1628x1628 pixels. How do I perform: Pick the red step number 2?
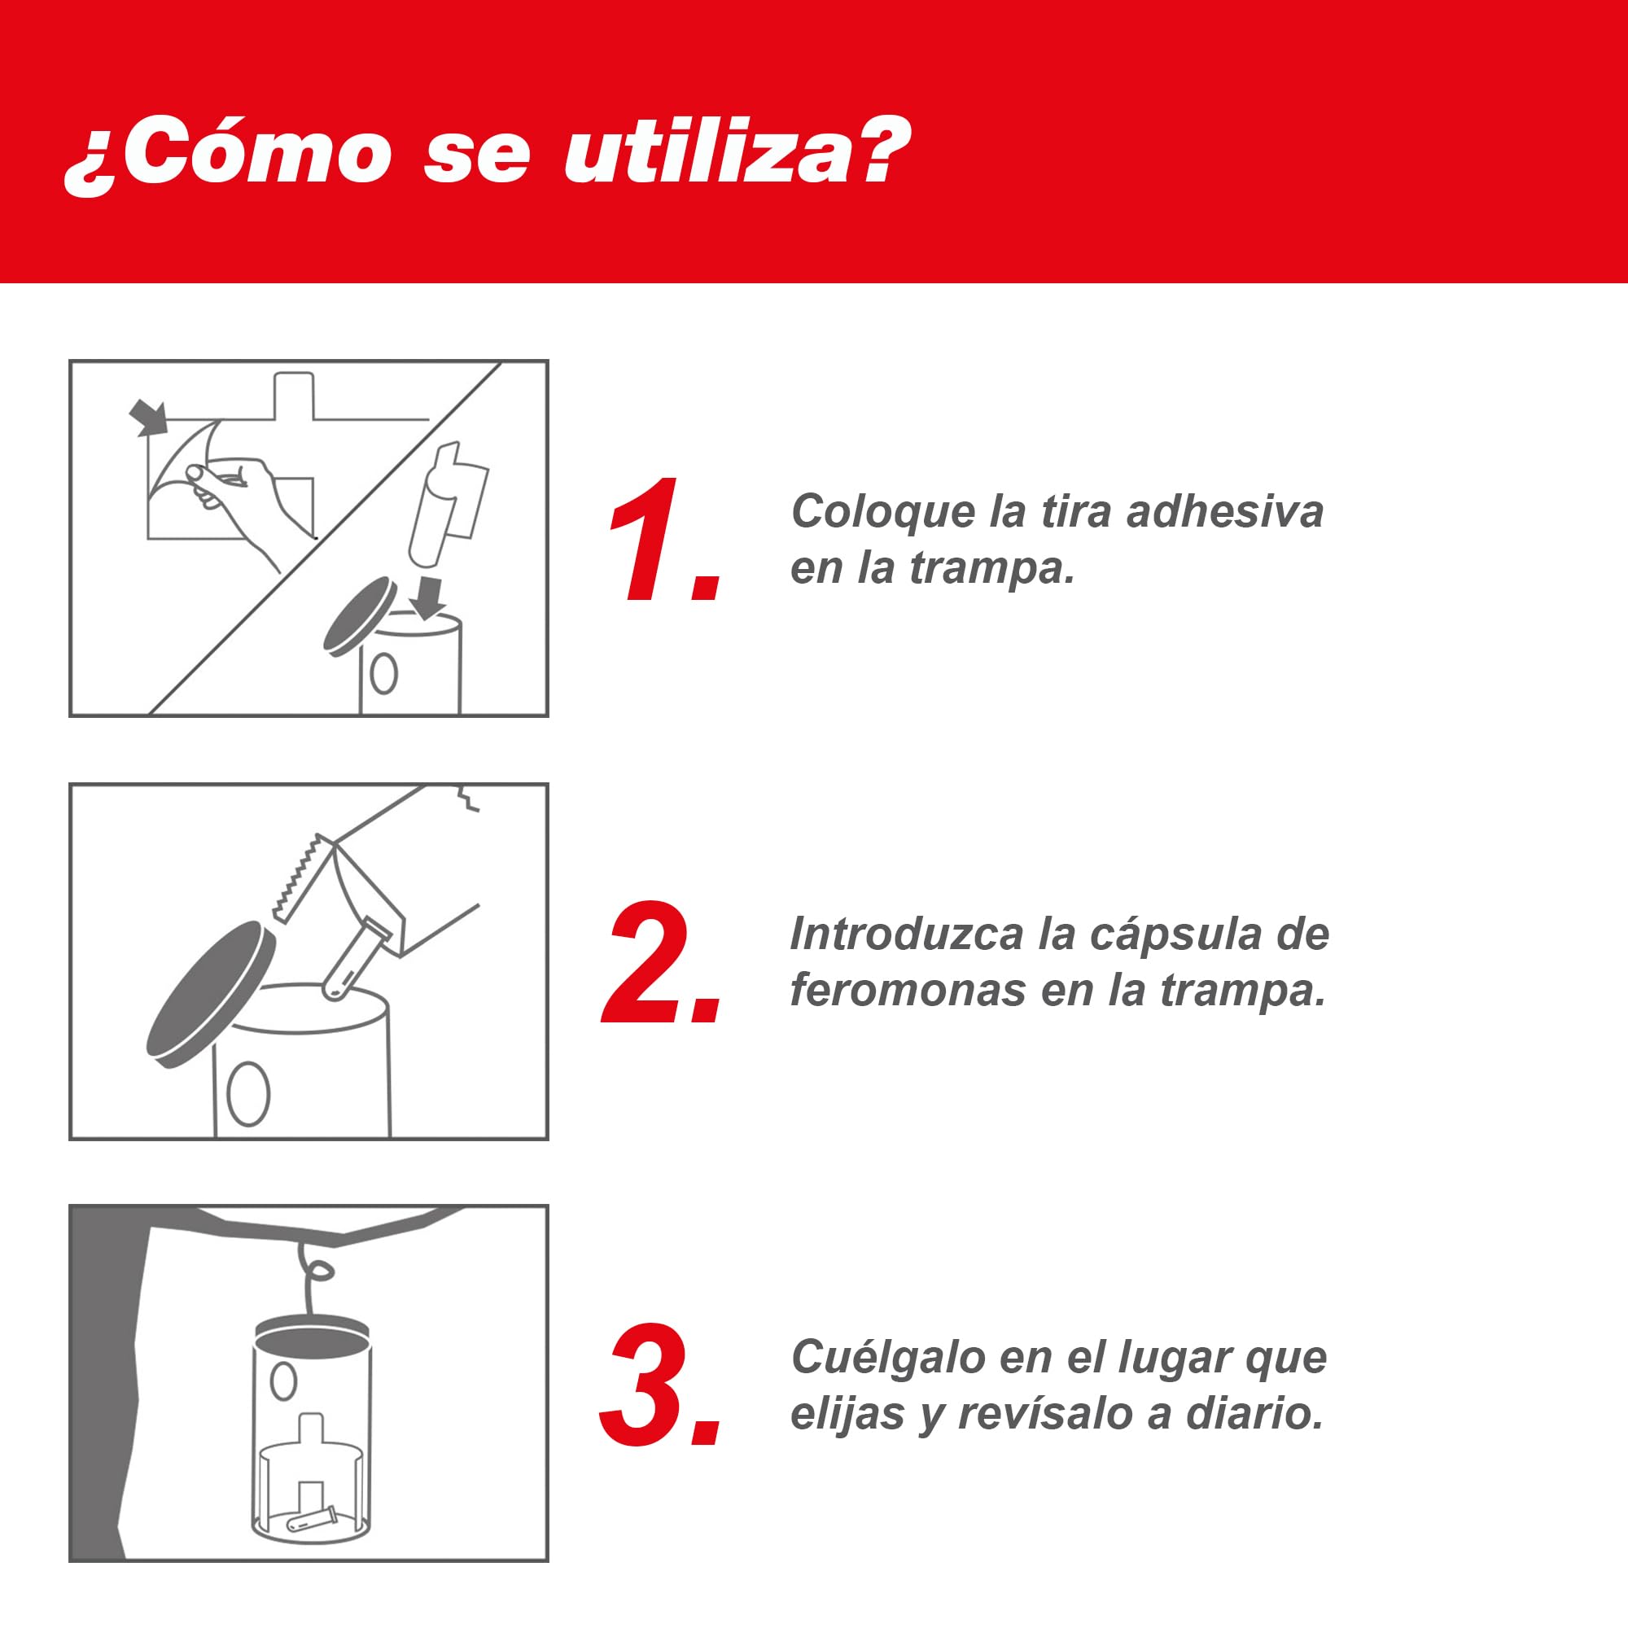[x=662, y=961]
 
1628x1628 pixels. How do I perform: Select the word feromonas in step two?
[x=908, y=989]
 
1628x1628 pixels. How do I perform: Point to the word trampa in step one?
[x=991, y=569]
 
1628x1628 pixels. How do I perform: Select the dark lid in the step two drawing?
[x=210, y=995]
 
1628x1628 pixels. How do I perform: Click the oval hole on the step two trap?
[x=247, y=1093]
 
